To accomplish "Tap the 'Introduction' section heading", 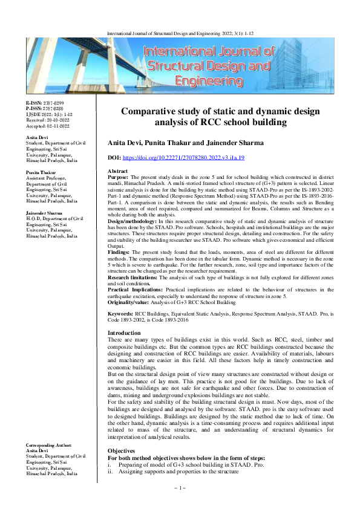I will pyautogui.click(x=124, y=333).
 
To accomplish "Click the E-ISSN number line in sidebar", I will pyautogui.click(x=44, y=105).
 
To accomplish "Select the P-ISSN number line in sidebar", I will pyautogui.click(x=44, y=110).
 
